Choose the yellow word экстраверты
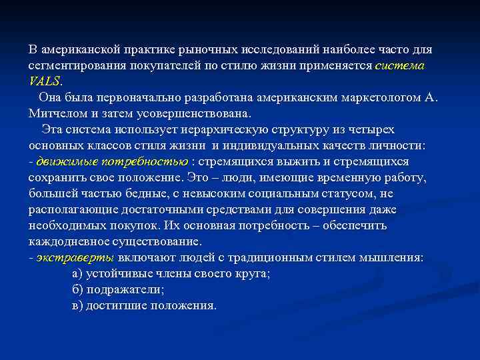(75, 257)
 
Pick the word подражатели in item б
(124, 289)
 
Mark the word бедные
(131, 193)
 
